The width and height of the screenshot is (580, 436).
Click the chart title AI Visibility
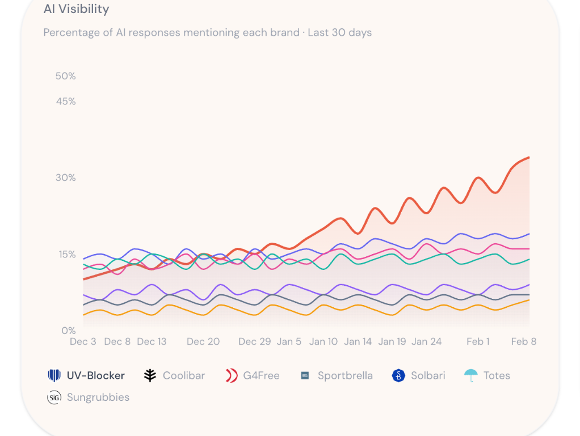pos(76,9)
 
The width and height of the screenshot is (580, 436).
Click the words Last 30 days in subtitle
pos(339,32)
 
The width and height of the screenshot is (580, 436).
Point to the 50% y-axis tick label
pos(65,76)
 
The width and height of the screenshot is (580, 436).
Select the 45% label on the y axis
pos(65,101)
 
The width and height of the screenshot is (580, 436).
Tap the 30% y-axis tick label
pos(65,177)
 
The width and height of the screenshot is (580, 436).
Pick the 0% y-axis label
pos(68,331)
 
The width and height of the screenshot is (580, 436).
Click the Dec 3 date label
pos(83,341)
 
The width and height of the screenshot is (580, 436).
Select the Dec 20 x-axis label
pos(203,341)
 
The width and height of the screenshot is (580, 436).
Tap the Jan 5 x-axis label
pos(289,341)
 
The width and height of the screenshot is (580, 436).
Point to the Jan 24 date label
pos(426,341)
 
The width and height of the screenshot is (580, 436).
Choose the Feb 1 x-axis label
pos(478,341)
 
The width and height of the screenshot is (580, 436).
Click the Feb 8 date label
pos(523,341)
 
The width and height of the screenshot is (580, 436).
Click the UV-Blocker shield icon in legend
pos(54,375)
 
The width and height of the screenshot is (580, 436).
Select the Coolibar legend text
pos(183,375)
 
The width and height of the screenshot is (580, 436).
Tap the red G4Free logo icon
pos(231,375)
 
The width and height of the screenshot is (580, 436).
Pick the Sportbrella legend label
pos(344,375)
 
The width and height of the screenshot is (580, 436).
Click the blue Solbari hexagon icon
pos(398,375)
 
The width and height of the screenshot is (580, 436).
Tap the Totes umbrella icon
pos(470,375)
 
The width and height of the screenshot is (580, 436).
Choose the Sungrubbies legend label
pos(98,397)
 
